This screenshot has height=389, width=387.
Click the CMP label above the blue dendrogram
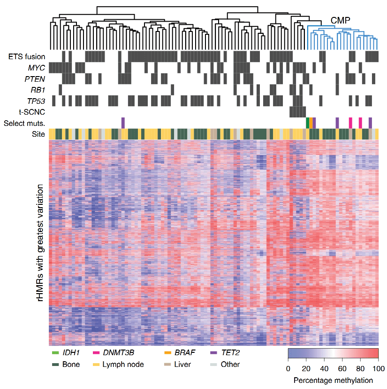click(x=341, y=20)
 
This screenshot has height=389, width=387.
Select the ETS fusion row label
click(x=27, y=57)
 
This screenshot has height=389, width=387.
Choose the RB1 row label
click(x=38, y=89)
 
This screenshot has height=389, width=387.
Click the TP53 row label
click(x=36, y=100)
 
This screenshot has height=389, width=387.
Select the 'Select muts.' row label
click(x=24, y=124)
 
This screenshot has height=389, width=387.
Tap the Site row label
click(x=38, y=134)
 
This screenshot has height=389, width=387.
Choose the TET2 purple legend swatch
click(x=214, y=352)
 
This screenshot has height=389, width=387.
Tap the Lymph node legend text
click(x=123, y=364)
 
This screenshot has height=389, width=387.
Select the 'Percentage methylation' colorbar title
click(x=333, y=380)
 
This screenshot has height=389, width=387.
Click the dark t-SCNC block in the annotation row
click(x=297, y=112)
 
